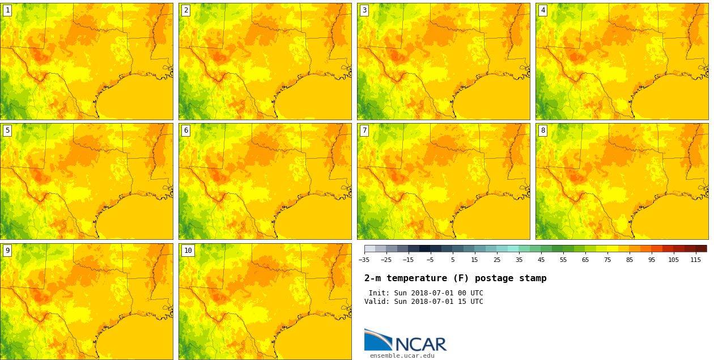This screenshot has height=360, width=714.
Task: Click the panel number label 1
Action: pos(7,10)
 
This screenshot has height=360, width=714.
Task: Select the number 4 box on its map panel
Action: pos(543,10)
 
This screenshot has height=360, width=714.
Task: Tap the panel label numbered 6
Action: pos(186,130)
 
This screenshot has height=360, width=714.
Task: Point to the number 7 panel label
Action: pos(364,130)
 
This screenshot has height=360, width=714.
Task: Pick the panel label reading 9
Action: pos(7,251)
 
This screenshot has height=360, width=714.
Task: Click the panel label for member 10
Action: pos(188,251)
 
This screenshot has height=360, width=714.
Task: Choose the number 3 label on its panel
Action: pos(364,10)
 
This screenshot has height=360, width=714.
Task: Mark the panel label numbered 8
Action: pos(543,130)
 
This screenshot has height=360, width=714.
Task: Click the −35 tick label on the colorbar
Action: pos(364,260)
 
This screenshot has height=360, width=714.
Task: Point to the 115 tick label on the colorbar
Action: pos(695,260)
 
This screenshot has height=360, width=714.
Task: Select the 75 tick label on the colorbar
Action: pos(607,260)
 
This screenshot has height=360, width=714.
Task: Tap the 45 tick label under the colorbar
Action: pos(541,260)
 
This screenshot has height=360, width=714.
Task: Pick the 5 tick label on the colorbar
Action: pos(452,260)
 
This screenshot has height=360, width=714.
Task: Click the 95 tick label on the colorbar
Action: pos(652,260)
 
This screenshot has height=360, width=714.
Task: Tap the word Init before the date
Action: pos(379,293)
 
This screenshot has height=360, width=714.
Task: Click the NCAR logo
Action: pos(405,340)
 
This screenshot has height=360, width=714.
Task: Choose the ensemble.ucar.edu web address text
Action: pos(402,356)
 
